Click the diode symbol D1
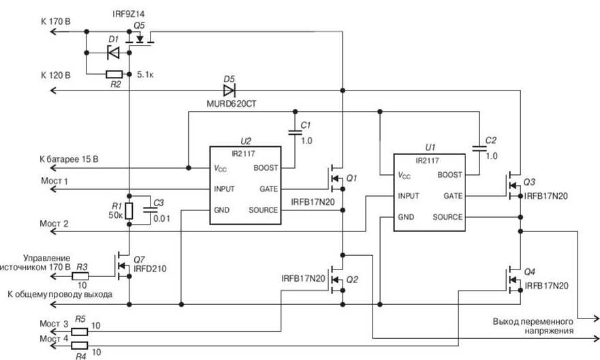pyautogui.click(x=112, y=52)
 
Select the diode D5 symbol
pyautogui.click(x=229, y=90)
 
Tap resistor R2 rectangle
pyautogui.click(x=114, y=74)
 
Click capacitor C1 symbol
pyautogui.click(x=294, y=133)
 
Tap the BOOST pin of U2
pyautogui.click(x=265, y=167)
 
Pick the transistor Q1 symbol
pyautogui.click(x=335, y=179)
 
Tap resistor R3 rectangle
pyautogui.click(x=81, y=276)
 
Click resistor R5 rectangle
pyautogui.click(x=80, y=331)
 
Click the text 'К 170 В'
pyautogui.click(x=56, y=22)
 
